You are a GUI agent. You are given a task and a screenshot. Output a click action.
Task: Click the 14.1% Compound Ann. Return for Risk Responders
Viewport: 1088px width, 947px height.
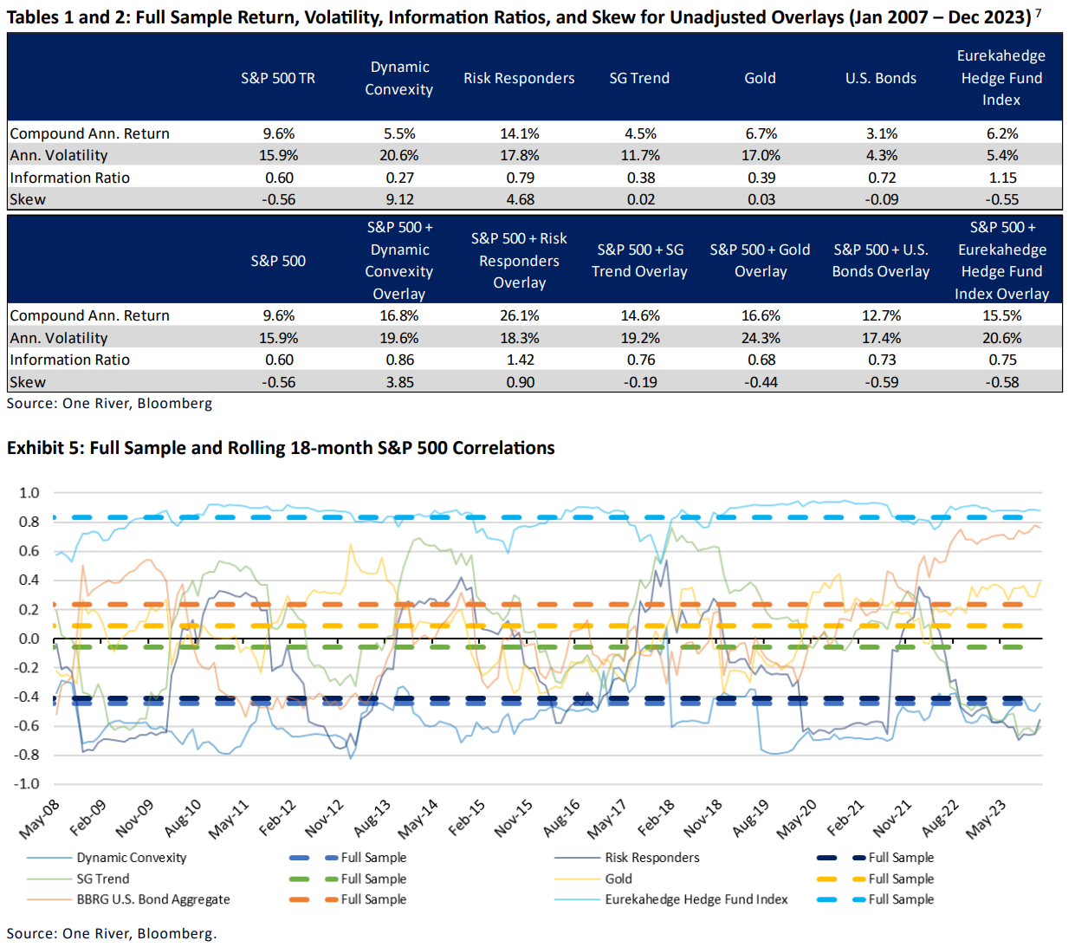click(519, 133)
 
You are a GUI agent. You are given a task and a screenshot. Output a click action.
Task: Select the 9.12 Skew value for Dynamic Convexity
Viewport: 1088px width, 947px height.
click(399, 199)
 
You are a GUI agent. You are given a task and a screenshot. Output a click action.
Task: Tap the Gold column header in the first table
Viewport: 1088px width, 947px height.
click(760, 78)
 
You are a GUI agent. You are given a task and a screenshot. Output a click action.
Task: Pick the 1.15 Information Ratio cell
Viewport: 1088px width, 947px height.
click(1002, 178)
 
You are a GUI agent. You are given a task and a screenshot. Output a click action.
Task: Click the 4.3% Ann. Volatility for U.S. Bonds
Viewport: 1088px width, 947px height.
click(882, 155)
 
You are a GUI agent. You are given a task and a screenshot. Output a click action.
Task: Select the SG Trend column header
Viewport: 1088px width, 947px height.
click(639, 78)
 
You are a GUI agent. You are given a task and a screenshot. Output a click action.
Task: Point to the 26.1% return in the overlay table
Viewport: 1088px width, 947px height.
click(519, 315)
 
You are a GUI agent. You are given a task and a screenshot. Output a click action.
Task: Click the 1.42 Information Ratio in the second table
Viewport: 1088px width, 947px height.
click(520, 360)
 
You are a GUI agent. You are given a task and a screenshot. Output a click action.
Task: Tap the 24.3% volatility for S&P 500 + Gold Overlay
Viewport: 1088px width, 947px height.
click(761, 338)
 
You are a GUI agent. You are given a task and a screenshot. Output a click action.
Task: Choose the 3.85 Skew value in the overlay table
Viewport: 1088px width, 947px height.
click(399, 382)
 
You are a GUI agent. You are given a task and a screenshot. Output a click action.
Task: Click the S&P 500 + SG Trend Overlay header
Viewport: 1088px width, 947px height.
click(639, 260)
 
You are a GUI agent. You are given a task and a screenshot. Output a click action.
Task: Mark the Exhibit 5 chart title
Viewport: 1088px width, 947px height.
click(281, 448)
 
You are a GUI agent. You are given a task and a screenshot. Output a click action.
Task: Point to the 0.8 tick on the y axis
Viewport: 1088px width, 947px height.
click(29, 522)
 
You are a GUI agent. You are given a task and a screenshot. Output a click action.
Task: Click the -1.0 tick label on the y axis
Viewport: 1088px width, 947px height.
click(27, 783)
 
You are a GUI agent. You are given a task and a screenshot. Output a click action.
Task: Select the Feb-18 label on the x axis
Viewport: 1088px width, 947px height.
click(655, 819)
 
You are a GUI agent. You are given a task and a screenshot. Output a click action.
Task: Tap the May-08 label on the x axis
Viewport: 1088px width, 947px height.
click(40, 820)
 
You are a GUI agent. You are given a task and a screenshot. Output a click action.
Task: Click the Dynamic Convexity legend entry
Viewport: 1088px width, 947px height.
click(131, 858)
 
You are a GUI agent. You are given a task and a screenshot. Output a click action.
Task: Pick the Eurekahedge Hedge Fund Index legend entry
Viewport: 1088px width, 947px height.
click(696, 899)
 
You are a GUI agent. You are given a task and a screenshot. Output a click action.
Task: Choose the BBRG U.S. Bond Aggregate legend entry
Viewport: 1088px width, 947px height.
click(152, 899)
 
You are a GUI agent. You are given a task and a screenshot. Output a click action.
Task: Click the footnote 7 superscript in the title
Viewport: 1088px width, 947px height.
click(1038, 12)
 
